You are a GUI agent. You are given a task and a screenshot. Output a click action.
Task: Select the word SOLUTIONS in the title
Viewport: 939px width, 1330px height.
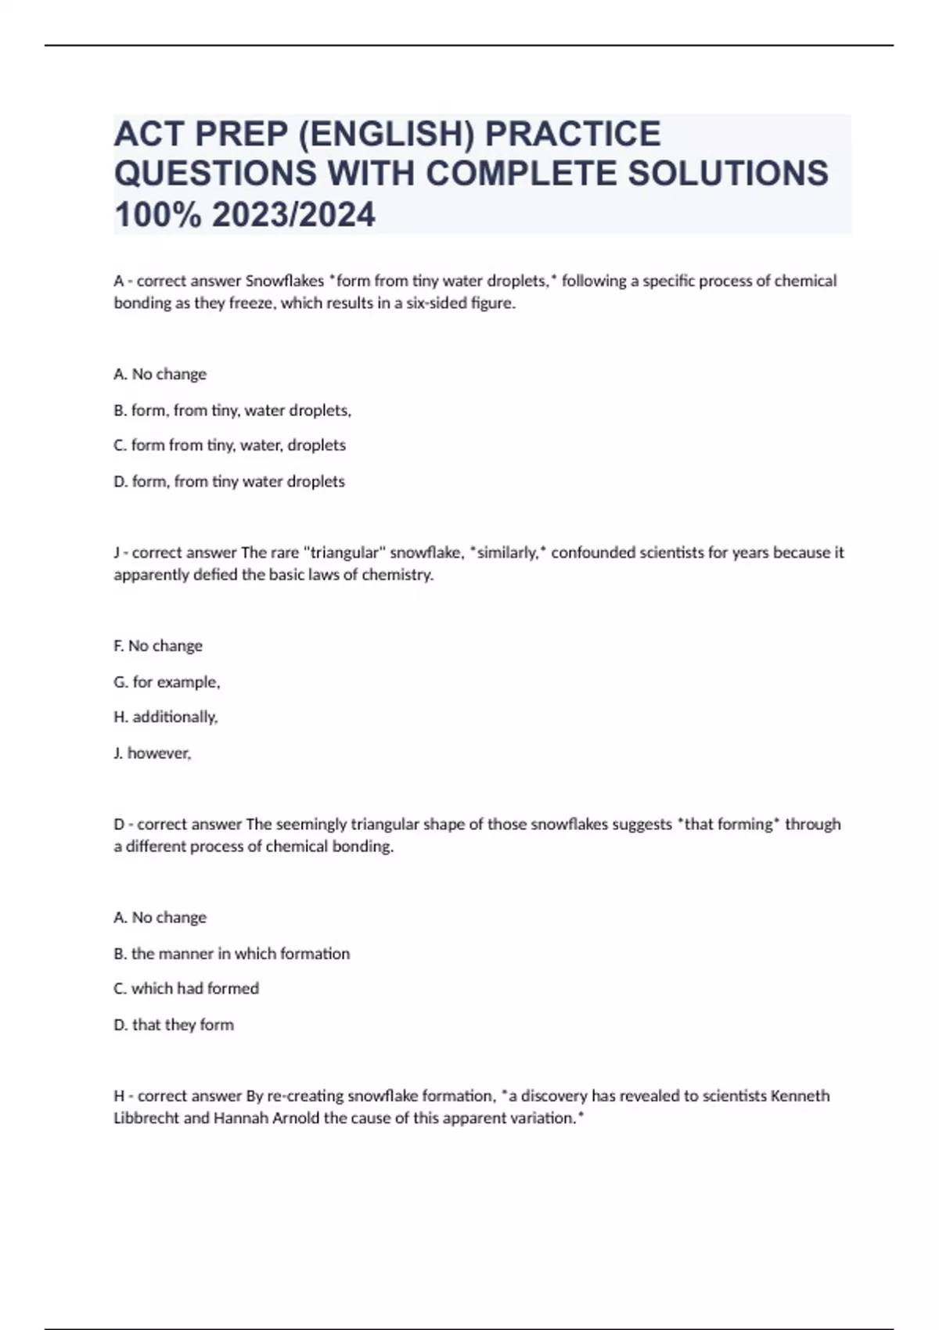(729, 173)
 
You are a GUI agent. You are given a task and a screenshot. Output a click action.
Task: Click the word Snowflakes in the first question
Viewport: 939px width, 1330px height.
(285, 281)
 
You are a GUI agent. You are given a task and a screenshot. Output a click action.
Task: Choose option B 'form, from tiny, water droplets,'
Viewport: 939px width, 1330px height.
(232, 410)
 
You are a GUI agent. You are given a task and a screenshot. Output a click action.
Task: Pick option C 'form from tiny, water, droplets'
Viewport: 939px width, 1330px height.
(229, 445)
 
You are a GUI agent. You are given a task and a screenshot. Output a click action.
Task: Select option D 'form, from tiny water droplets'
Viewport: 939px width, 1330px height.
(229, 481)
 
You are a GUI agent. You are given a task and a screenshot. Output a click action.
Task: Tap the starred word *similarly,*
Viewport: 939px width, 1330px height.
(509, 552)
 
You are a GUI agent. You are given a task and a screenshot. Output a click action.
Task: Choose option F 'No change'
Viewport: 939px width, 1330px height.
(158, 645)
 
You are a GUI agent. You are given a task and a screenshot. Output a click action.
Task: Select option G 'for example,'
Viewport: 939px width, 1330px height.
(167, 681)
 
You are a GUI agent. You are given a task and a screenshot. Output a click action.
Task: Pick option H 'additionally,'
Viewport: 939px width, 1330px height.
(166, 717)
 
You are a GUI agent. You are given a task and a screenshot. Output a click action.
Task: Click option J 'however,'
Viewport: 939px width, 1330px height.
(153, 753)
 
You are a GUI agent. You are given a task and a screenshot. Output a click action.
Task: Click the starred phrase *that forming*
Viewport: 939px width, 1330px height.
(729, 824)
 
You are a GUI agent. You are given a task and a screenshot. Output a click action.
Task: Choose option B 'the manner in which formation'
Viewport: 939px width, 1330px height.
(232, 954)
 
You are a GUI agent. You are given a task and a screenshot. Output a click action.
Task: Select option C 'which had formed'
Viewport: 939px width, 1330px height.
(186, 988)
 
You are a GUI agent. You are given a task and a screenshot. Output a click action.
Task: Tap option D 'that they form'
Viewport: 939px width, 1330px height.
(174, 1024)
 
